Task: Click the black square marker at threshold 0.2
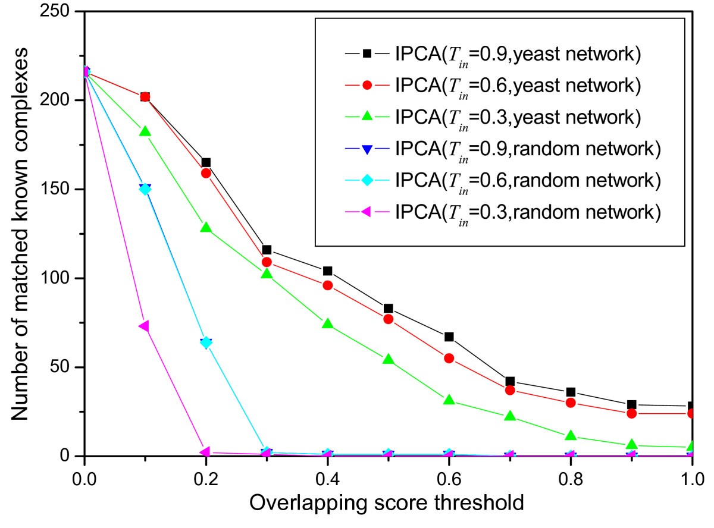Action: point(206,162)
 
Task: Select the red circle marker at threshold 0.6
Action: point(449,358)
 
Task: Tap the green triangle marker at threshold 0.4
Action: point(327,324)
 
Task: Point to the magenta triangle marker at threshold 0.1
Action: point(144,326)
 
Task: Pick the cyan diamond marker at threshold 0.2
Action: point(206,342)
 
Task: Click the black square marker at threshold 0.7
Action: point(510,381)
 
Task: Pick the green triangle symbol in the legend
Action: point(367,117)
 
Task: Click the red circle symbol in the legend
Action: point(367,86)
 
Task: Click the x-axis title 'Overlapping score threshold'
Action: point(387,504)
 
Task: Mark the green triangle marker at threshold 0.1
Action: point(145,131)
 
